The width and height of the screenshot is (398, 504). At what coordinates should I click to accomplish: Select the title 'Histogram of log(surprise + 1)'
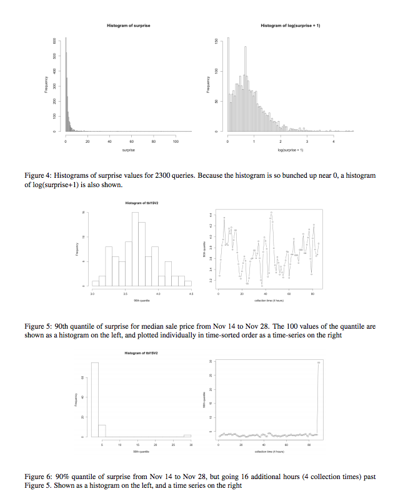pyautogui.click(x=291, y=26)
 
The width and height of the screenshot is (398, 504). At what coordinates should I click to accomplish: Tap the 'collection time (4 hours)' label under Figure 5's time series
pyautogui.click(x=269, y=300)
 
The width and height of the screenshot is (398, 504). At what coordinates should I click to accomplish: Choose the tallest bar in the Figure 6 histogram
pyautogui.click(x=95, y=399)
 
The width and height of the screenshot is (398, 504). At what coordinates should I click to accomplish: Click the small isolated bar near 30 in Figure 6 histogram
pyautogui.click(x=187, y=436)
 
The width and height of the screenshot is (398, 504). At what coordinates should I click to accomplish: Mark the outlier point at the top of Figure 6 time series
pyautogui.click(x=319, y=362)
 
